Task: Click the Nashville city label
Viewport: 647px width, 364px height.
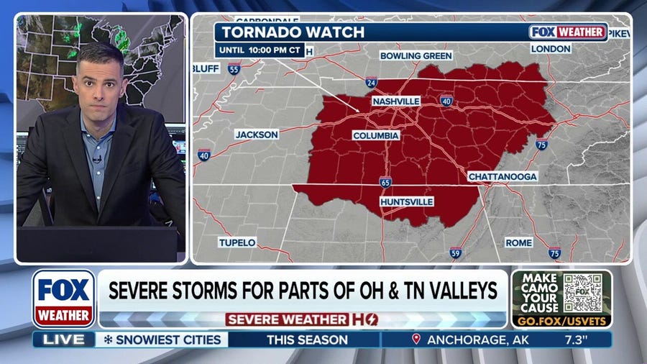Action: (x=395, y=101)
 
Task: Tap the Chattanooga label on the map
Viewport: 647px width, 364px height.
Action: (x=503, y=176)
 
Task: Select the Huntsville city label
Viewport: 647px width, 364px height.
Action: (x=407, y=201)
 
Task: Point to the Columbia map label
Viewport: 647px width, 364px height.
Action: (x=376, y=135)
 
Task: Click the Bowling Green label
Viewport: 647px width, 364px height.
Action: (x=416, y=55)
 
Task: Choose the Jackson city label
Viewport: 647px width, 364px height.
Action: (x=255, y=135)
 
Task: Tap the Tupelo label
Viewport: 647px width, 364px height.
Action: (x=237, y=242)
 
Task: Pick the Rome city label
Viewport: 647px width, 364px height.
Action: (x=518, y=242)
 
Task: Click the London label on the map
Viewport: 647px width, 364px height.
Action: (x=551, y=49)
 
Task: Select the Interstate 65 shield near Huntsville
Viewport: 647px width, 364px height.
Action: (x=386, y=182)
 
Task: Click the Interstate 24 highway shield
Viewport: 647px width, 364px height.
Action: (x=371, y=82)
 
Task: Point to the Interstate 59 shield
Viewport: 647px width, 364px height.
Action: (x=455, y=252)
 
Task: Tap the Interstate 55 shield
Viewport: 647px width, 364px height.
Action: (x=234, y=69)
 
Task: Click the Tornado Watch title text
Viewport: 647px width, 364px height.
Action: (x=293, y=32)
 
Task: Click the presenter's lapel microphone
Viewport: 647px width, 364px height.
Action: (x=95, y=160)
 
